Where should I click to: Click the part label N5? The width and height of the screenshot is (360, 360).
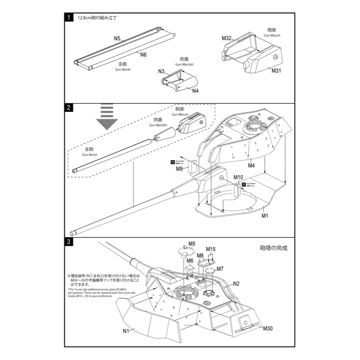point(117,38)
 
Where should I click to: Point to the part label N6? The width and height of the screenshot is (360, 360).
point(143,55)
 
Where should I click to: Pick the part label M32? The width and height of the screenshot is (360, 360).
point(226,38)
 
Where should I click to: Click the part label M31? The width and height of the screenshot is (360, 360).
point(276,71)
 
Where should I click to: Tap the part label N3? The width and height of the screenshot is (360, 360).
point(161,71)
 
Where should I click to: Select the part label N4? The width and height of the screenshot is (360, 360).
point(195,91)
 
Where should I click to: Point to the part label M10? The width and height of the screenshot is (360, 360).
point(238,177)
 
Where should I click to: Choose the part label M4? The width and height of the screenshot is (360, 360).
point(251,165)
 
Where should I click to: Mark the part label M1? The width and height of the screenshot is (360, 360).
point(265,216)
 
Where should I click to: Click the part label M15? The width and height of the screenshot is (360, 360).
point(211,249)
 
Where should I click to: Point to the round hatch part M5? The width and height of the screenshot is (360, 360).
point(187,251)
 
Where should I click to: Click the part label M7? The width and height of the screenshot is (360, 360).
point(220,269)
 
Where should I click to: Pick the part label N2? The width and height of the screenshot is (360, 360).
point(236,283)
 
